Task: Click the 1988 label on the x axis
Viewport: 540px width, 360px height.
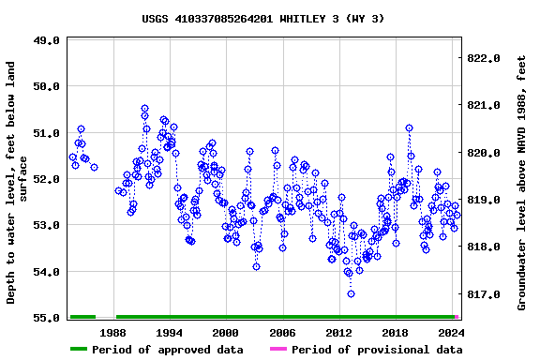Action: point(113,332)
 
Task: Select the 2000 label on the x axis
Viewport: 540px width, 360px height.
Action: point(225,332)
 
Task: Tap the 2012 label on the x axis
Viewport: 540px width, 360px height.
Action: point(338,332)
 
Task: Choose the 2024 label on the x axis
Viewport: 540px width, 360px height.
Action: point(451,332)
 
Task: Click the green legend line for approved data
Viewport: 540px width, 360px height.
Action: point(91,350)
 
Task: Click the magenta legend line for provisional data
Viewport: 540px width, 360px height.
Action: point(278,350)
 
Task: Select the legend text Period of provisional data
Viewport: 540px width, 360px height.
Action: point(377,350)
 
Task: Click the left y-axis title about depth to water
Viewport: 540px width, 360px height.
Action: point(18,183)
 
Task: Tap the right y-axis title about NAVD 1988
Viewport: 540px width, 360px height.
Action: point(521,180)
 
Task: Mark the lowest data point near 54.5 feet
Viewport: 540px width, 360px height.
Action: point(351,293)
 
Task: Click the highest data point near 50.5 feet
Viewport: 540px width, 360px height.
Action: point(144,109)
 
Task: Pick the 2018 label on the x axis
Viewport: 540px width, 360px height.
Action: point(395,332)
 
